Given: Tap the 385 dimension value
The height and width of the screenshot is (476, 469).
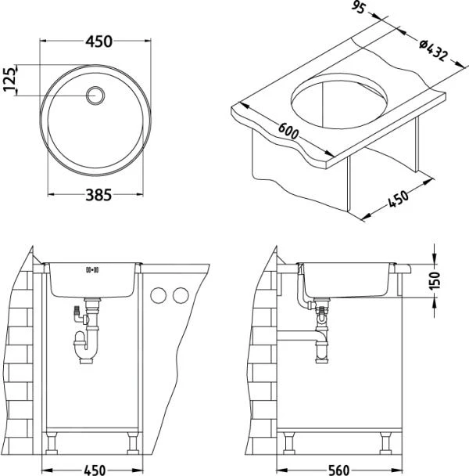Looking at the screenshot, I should pos(95,196).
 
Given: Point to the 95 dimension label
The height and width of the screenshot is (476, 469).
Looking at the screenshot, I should pos(358,10).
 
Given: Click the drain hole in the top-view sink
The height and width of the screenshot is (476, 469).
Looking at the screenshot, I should pos(96,95).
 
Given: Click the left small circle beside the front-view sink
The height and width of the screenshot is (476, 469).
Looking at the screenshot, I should pos(159,295).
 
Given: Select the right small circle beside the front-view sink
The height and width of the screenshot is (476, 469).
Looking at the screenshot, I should pos(181,295).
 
